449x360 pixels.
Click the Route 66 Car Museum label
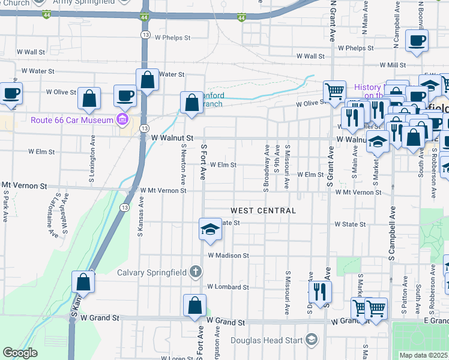pyautogui.click(x=72, y=120)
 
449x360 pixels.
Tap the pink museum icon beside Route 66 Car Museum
pyautogui.click(x=123, y=120)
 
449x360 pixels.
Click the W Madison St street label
pyautogui.click(x=228, y=256)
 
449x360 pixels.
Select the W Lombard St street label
pyautogui.click(x=228, y=287)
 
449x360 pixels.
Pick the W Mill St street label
pyautogui.click(x=393, y=65)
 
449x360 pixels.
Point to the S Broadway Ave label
pyautogui.click(x=266, y=168)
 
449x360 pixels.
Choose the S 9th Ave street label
pyautogui.click(x=277, y=159)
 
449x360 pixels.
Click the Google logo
pyautogui.click(x=20, y=353)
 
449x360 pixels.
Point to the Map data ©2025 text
pyautogui.click(x=424, y=355)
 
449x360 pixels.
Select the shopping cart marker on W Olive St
pyautogui.click(x=334, y=91)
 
